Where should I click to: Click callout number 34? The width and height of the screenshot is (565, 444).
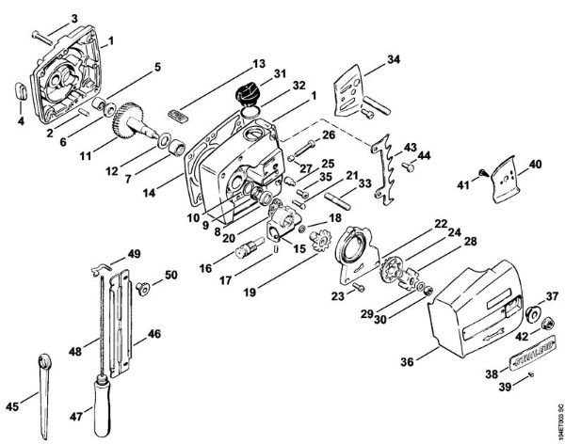tap(393, 59)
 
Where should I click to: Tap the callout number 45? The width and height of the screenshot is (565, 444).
tap(11, 407)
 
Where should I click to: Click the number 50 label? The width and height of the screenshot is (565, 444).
tap(170, 275)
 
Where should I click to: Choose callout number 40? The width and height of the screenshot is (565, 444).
tap(536, 165)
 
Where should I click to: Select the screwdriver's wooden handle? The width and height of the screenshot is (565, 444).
tap(97, 396)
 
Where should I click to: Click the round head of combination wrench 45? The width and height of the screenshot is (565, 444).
tap(45, 361)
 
